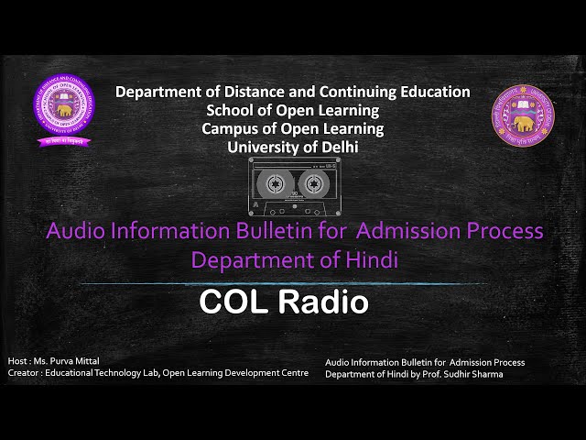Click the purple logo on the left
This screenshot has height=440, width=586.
pyautogui.click(x=63, y=112)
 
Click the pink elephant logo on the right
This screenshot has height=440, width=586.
pyautogui.click(x=524, y=116)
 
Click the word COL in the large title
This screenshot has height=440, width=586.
pyautogui.click(x=233, y=302)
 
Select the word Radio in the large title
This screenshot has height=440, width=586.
pyautogui.click(x=323, y=302)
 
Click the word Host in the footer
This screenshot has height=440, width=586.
pyautogui.click(x=17, y=361)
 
